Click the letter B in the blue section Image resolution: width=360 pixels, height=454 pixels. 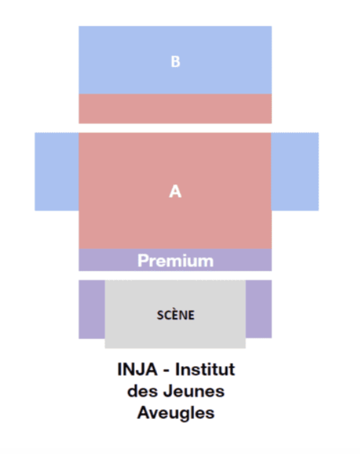click(176, 61)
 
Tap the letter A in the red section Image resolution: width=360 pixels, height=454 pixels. click(175, 191)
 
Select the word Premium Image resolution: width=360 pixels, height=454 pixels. click(176, 261)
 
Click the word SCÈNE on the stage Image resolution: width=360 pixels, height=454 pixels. click(176, 315)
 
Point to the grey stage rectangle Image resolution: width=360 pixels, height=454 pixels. click(175, 314)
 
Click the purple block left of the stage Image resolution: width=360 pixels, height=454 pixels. click(92, 309)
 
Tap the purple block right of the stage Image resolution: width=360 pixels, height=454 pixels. click(258, 309)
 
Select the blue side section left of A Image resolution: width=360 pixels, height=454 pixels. click(57, 172)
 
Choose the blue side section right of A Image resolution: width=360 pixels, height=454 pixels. click(295, 172)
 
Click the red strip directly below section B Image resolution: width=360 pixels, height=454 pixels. click(175, 108)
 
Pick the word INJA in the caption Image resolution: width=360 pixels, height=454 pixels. click(137, 369)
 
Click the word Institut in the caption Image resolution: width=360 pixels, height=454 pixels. click(205, 369)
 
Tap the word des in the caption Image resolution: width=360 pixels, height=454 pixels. click(142, 391)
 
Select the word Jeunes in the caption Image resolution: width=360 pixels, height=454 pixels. click(194, 391)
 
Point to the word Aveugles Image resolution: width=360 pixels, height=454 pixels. click(176, 413)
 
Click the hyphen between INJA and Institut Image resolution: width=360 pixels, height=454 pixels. click(167, 371)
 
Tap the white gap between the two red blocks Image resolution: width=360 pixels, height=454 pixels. click(175, 128)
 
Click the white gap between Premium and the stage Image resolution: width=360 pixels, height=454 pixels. click(175, 275)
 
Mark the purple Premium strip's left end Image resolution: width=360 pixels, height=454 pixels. click(79, 260)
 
